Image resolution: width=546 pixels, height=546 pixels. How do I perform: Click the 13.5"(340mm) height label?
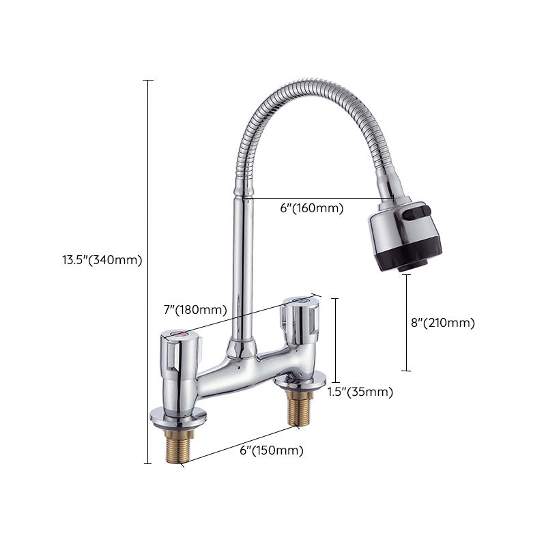coord(102,259)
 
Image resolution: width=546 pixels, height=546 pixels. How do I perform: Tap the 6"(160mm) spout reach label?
coord(311,208)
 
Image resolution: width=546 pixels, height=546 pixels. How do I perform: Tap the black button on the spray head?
coord(416,216)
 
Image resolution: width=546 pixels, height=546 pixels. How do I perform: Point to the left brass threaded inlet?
coord(175,444)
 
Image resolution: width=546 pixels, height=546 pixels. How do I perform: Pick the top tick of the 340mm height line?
coord(147,81)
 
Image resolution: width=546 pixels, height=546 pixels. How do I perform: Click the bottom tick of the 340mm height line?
coord(147,464)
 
